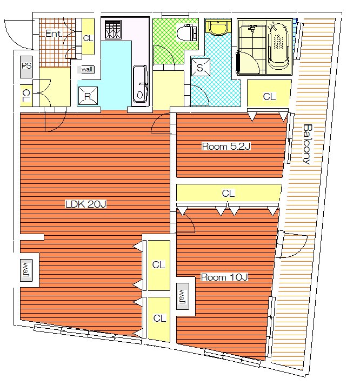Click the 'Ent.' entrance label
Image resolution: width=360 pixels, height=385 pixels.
click(x=54, y=34)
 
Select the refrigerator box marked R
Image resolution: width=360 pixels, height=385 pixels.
click(x=88, y=96)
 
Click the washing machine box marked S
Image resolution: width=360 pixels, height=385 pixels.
click(x=201, y=67)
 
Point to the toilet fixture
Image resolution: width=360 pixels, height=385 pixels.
click(x=186, y=32)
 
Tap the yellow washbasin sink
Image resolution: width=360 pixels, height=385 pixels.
click(x=218, y=26)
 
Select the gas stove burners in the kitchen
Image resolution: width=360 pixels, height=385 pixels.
click(x=113, y=30)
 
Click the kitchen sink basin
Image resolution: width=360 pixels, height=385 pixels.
click(x=141, y=83)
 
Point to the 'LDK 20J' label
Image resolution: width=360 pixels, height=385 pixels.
click(x=85, y=204)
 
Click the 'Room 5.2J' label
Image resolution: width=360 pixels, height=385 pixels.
click(x=226, y=147)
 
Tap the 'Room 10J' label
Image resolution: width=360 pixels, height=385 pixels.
click(x=224, y=277)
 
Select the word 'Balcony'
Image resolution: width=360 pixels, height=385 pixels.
click(x=307, y=144)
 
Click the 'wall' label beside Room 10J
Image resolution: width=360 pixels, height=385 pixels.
click(x=183, y=296)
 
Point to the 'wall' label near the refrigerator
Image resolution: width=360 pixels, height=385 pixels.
click(x=86, y=69)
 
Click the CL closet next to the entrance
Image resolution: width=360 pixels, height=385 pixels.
click(x=88, y=37)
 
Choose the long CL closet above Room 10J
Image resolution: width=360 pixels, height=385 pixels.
click(x=229, y=193)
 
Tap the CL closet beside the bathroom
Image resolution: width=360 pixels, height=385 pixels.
click(x=269, y=94)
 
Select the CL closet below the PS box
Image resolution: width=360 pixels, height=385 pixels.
click(x=26, y=95)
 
